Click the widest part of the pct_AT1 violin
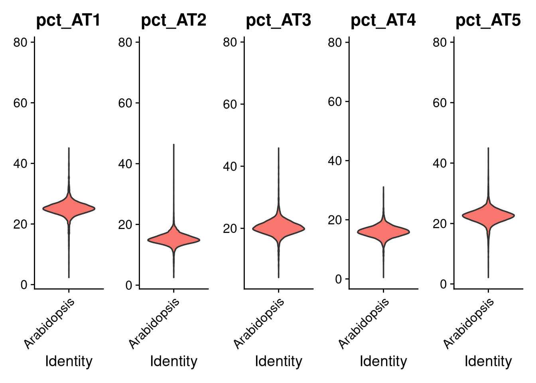coord(69,208)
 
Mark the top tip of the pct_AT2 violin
coord(173,145)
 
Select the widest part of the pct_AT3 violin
coord(278,229)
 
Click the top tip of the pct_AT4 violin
coord(383,187)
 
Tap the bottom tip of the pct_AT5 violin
coord(488,277)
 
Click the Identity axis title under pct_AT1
coord(69,361)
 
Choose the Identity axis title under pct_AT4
coord(383,361)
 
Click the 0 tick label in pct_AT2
coord(129,285)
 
